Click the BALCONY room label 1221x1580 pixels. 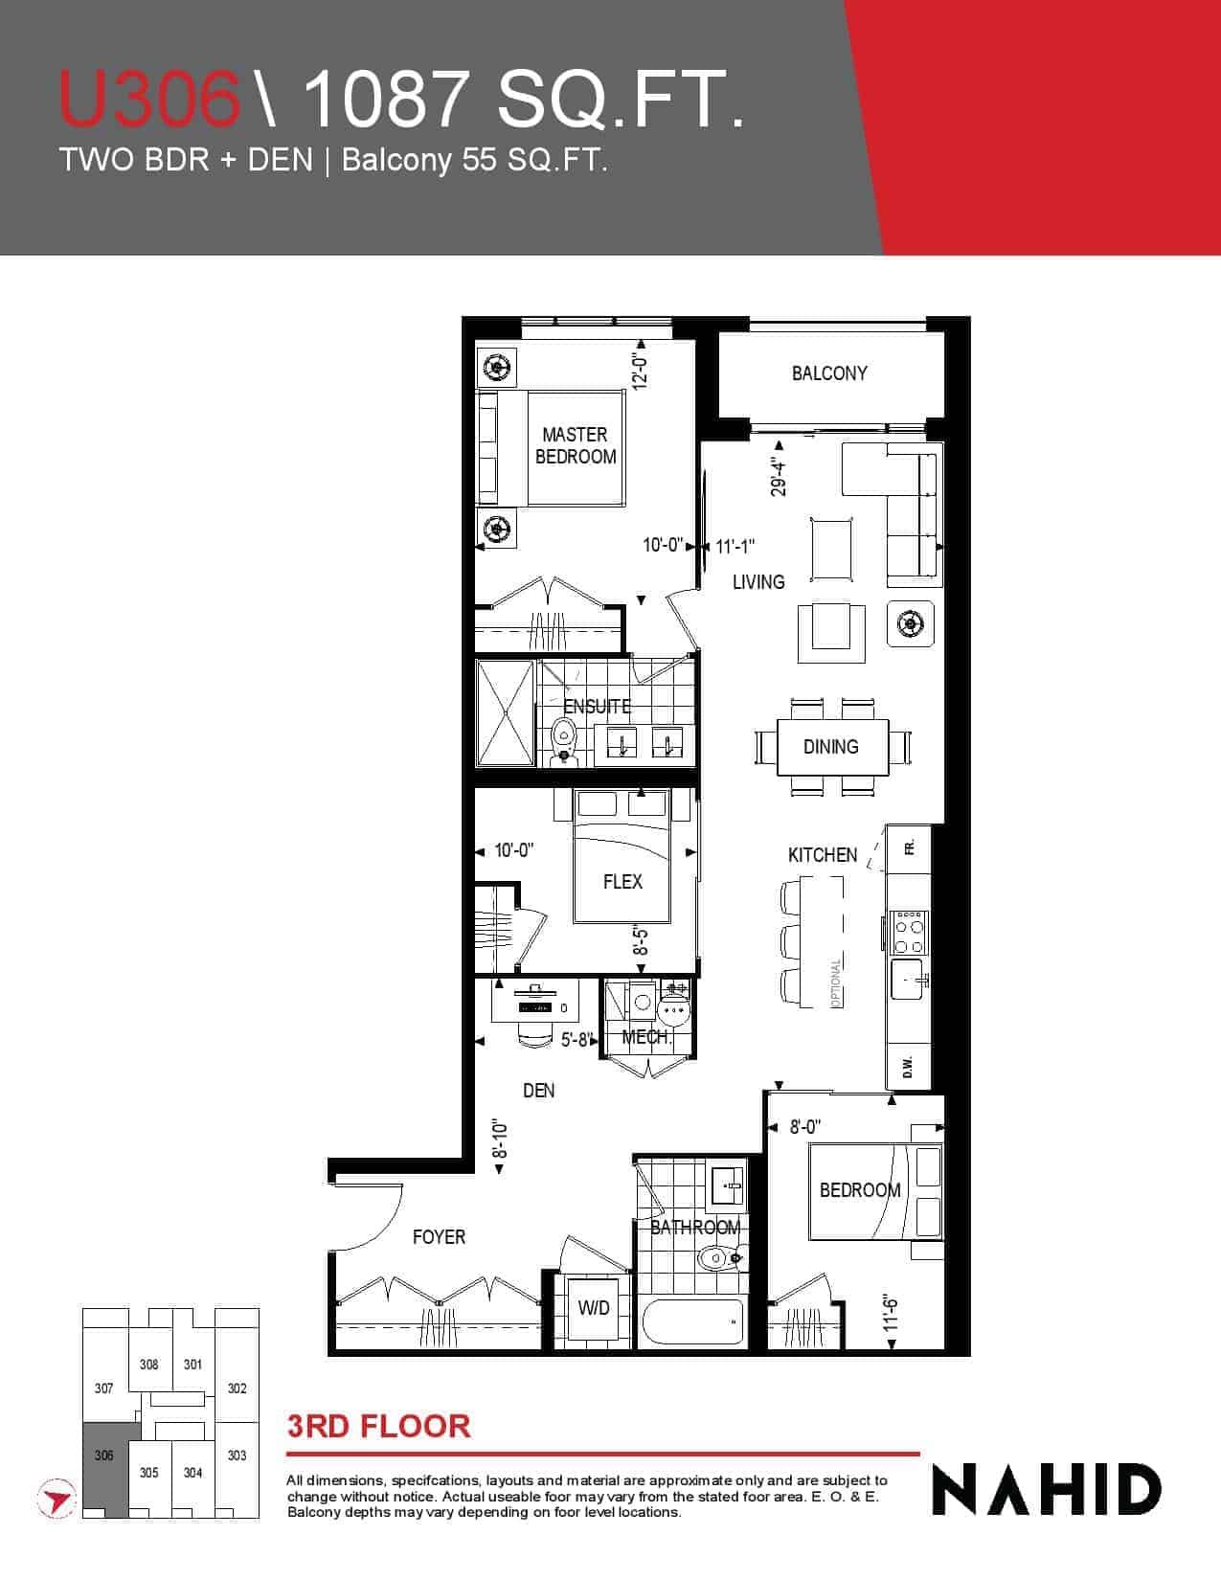(x=829, y=373)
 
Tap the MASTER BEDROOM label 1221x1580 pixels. (x=576, y=445)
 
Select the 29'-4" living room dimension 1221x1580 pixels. (x=779, y=476)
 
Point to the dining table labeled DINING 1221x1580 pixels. (x=832, y=747)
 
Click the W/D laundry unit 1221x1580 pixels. (x=594, y=1308)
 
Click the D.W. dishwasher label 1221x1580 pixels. (x=908, y=1067)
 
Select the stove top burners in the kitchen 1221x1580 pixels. (x=909, y=932)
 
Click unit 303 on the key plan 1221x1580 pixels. (x=237, y=1455)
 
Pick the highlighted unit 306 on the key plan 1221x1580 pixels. (x=104, y=1455)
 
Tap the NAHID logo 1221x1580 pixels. (x=1047, y=1490)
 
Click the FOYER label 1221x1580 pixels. (x=439, y=1237)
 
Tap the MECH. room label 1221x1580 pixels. (x=646, y=1038)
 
